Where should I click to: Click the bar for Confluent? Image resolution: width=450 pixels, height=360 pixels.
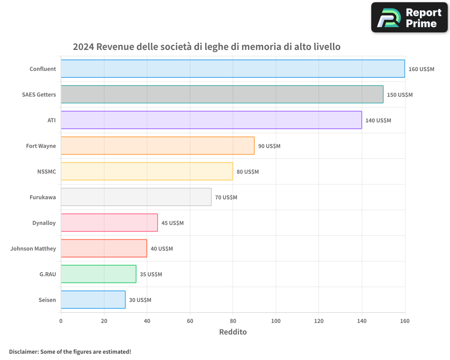pyautogui.click(x=233, y=69)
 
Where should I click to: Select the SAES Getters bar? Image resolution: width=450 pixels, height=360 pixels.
pyautogui.click(x=222, y=94)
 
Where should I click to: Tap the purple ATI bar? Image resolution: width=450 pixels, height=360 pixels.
pyautogui.click(x=211, y=120)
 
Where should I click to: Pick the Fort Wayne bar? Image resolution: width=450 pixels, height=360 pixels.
pyautogui.click(x=157, y=146)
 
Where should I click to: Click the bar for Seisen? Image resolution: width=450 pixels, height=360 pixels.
pyautogui.click(x=93, y=300)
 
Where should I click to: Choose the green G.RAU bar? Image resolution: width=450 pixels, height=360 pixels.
pyautogui.click(x=99, y=274)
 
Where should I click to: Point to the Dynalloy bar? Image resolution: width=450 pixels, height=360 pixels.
pyautogui.click(x=109, y=223)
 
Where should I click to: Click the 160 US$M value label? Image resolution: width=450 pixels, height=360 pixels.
pyautogui.click(x=421, y=69)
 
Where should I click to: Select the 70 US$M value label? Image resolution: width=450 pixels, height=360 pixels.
pyautogui.click(x=226, y=198)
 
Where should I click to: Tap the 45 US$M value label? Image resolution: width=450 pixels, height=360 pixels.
pyautogui.click(x=172, y=223)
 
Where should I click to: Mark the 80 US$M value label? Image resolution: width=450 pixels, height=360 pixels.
pyautogui.click(x=247, y=172)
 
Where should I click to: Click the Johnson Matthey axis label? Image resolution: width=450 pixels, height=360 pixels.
pyautogui.click(x=33, y=248)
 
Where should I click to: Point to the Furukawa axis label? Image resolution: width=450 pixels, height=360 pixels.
pyautogui.click(x=43, y=197)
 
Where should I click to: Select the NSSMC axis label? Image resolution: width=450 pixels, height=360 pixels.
pyautogui.click(x=47, y=171)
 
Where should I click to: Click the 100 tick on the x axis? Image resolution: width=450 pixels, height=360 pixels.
pyautogui.click(x=276, y=321)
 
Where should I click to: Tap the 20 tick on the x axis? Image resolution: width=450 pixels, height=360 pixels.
pyautogui.click(x=104, y=321)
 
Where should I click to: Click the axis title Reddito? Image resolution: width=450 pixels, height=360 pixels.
pyautogui.click(x=233, y=332)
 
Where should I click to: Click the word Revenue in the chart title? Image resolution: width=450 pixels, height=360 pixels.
pyautogui.click(x=115, y=47)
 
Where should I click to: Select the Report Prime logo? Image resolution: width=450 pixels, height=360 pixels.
pyautogui.click(x=409, y=18)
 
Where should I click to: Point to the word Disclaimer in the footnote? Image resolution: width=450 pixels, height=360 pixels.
pyautogui.click(x=23, y=351)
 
